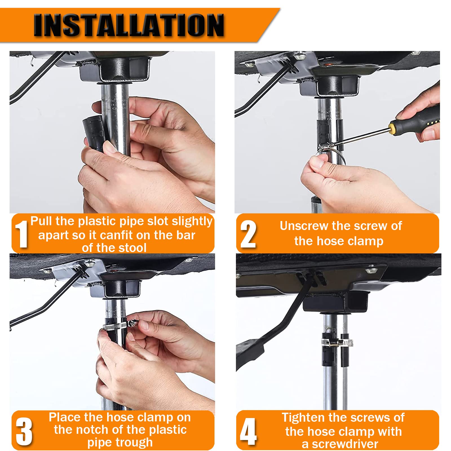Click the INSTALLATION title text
129,25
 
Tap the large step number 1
22,234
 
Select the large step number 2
248,234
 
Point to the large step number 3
24,431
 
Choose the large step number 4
248,431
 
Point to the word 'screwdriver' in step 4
345,444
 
